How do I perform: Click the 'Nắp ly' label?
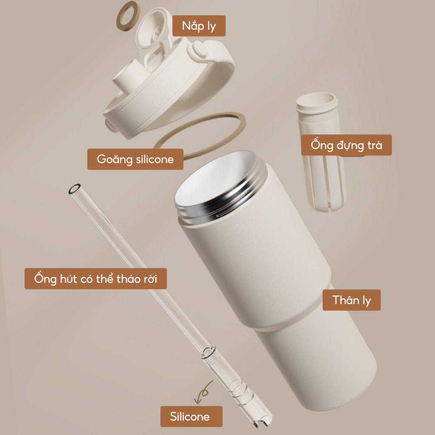coord(199,26)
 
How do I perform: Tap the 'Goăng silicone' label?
coord(136,159)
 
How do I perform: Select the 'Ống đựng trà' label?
coord(347,145)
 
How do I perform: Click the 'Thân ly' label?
coord(351,300)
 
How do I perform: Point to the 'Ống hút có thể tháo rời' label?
coord(96,279)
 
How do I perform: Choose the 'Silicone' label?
coord(192,416)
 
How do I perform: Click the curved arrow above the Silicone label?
coord(204,392)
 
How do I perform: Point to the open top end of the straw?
coord(74,189)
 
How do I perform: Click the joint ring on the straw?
coord(208,352)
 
